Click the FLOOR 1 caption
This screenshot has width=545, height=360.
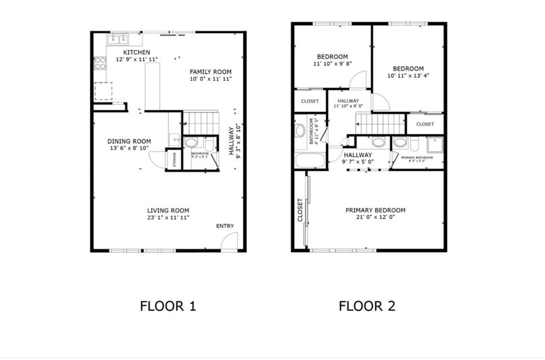click(x=168, y=306)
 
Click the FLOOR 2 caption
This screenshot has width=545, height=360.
click(x=367, y=306)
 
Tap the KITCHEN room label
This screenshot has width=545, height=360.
click(x=137, y=52)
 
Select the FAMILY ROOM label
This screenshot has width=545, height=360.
click(x=211, y=72)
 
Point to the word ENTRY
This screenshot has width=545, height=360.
click(x=225, y=226)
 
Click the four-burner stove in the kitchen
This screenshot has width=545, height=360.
click(x=100, y=63)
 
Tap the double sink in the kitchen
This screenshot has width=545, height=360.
click(x=118, y=39)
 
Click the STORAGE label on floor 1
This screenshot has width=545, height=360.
click(x=174, y=160)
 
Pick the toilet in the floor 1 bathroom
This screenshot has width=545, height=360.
click(x=192, y=143)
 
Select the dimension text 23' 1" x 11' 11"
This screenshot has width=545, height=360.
click(x=168, y=217)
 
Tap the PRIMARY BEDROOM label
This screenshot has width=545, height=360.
click(x=375, y=210)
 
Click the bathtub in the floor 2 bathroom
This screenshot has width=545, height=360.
click(x=310, y=160)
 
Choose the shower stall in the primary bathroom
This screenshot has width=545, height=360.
click(x=435, y=145)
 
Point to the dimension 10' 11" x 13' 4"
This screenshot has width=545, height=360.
click(x=408, y=76)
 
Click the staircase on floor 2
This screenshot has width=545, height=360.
click(x=380, y=124)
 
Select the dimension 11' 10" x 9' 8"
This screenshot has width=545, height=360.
click(x=333, y=63)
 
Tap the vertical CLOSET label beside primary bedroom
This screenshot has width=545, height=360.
click(x=300, y=210)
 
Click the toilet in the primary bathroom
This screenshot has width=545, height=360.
click(x=401, y=142)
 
